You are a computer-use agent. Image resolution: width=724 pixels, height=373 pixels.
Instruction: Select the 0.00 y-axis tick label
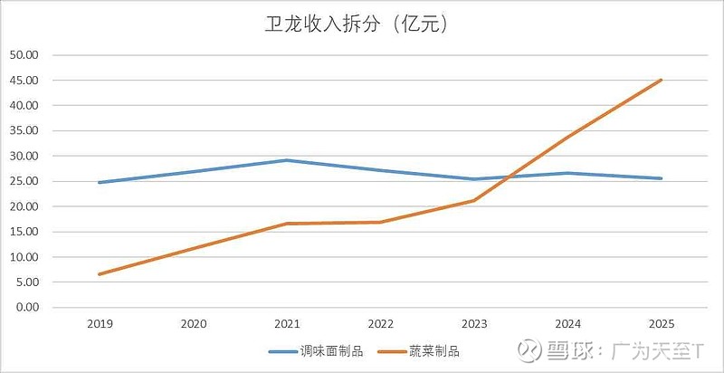pyautogui.click(x=26, y=308)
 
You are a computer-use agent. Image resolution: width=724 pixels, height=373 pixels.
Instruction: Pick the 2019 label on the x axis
pyautogui.click(x=99, y=323)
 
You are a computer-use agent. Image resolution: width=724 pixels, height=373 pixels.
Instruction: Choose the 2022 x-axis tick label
pyautogui.click(x=381, y=323)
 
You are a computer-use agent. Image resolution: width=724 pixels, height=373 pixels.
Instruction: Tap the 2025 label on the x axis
pyautogui.click(x=662, y=323)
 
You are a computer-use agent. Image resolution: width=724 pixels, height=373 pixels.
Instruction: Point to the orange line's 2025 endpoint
pyautogui.click(x=662, y=80)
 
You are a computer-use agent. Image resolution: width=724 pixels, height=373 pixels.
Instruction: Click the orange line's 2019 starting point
pyautogui.click(x=99, y=274)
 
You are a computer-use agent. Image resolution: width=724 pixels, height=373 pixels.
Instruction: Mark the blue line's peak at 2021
pyautogui.click(x=287, y=160)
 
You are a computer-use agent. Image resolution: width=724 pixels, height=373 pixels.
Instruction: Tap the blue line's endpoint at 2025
pyautogui.click(x=662, y=178)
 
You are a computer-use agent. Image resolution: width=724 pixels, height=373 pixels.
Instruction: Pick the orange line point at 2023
pyautogui.click(x=474, y=200)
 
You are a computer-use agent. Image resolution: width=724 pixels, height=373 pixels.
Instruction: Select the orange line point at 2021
pyautogui.click(x=287, y=224)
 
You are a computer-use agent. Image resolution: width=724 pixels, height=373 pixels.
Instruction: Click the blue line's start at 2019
pyautogui.click(x=99, y=183)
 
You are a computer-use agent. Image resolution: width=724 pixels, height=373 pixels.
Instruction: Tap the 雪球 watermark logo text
pyautogui.click(x=568, y=349)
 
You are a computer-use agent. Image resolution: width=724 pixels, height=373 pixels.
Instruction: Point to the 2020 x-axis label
pyautogui.click(x=193, y=323)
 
